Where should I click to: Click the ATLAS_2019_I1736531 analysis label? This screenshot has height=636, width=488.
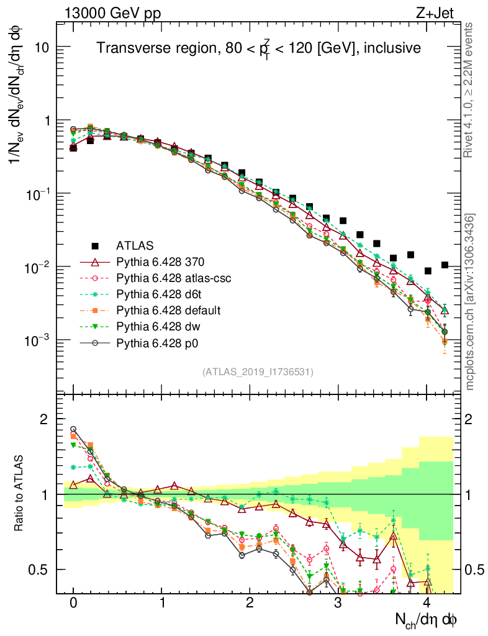258,372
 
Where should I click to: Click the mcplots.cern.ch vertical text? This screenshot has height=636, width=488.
470,302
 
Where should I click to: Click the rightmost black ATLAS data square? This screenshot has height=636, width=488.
444,265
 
